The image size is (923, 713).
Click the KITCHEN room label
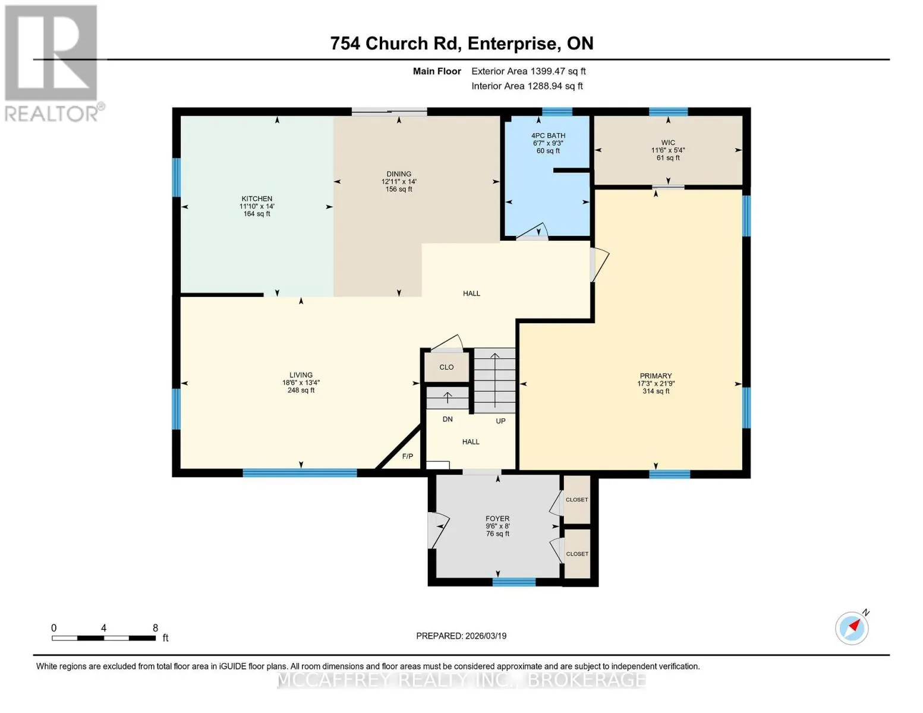coord(257,198)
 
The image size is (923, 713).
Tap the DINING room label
coord(398,173)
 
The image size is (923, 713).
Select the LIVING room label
coord(301,374)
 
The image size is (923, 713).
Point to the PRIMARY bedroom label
coord(656,376)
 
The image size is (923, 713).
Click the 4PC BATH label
coord(548,135)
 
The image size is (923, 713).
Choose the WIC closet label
coord(667,143)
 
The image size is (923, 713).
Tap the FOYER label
coord(497,518)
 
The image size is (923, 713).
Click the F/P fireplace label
coord(407,456)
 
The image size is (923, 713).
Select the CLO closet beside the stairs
coord(446,367)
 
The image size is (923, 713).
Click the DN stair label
coord(448,419)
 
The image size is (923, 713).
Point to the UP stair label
coord(500,421)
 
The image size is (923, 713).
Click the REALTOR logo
coord(53,64)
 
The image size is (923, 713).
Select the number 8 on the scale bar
coord(155,627)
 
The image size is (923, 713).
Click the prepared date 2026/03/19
coord(486,636)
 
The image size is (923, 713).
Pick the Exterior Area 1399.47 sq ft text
coord(528,71)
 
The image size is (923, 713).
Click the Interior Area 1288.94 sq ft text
coord(527,86)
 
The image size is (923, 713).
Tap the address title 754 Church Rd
coord(396,43)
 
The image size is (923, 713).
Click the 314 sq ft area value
coord(656,391)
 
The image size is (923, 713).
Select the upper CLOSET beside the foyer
coord(577,500)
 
